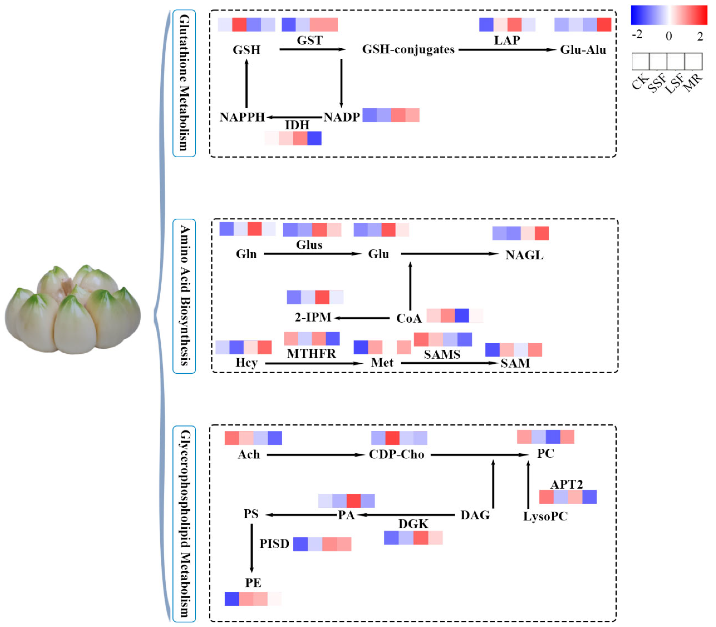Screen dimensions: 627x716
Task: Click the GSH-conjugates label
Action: coord(408,49)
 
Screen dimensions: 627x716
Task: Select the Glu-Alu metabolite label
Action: coord(583,50)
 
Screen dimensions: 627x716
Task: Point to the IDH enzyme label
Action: coord(297,125)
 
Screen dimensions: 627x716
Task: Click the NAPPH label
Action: coord(242,117)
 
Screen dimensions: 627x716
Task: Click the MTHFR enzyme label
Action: coord(311,354)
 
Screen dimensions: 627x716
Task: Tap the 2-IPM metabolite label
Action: coord(313,317)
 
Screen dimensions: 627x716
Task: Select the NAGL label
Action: coord(524,255)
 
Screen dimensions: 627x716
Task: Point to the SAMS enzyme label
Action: coord(442,355)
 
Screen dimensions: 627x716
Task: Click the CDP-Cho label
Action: coord(396,455)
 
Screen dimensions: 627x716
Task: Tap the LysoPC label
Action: coord(545,516)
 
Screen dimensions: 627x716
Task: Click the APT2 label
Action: coord(566,484)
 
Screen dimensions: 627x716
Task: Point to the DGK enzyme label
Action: coord(413,524)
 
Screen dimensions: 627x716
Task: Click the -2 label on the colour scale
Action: coord(637,35)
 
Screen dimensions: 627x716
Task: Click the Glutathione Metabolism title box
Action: coord(184,83)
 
